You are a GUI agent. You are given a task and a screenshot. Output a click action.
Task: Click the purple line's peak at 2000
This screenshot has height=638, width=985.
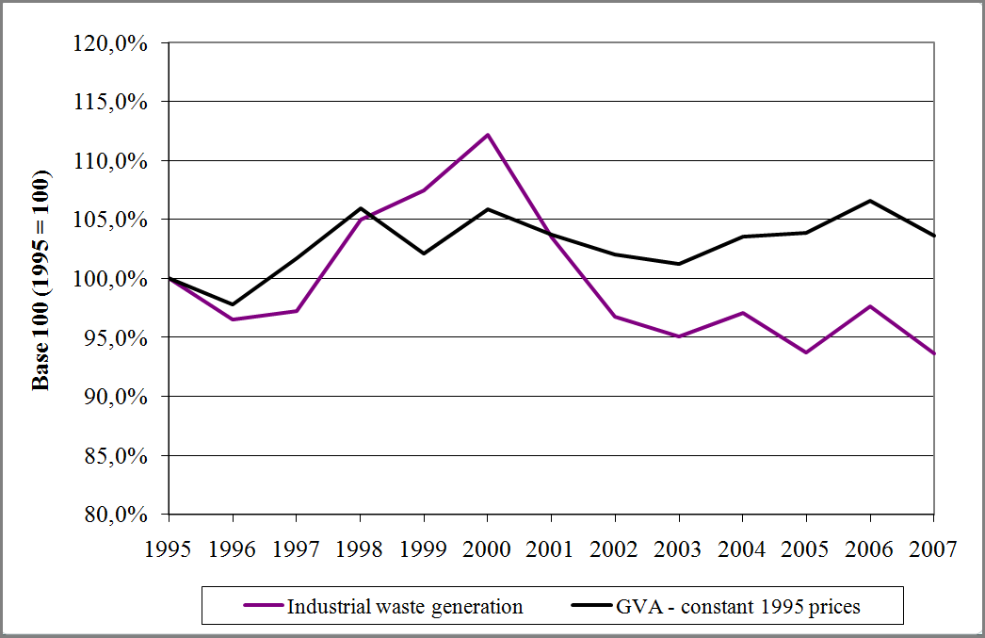click(488, 135)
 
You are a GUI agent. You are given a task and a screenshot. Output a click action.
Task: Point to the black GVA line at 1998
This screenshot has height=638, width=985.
click(361, 208)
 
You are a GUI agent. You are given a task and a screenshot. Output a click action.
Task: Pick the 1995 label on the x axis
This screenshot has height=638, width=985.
click(169, 549)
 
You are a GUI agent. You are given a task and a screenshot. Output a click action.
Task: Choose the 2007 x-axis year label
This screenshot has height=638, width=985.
click(932, 549)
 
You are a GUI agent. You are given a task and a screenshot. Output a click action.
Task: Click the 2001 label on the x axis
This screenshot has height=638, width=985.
click(551, 549)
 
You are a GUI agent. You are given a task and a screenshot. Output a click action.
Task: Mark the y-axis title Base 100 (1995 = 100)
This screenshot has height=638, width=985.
click(41, 280)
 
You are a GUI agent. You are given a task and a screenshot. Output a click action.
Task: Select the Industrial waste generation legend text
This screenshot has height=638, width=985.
click(405, 607)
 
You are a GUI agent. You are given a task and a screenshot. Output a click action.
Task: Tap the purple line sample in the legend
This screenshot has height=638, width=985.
click(263, 607)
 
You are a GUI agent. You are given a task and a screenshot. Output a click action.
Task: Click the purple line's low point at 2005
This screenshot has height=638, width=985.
click(806, 352)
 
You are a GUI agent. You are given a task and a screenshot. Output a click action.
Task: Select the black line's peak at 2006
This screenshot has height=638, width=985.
click(869, 201)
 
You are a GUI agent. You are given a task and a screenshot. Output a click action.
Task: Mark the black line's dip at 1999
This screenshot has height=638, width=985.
click(424, 254)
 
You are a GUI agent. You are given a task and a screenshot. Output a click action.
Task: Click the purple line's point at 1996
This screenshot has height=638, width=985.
click(233, 319)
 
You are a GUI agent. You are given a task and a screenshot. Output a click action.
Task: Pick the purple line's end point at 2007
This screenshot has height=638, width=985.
click(932, 353)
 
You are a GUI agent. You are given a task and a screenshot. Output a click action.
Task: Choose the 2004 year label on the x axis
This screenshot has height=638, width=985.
click(742, 549)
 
